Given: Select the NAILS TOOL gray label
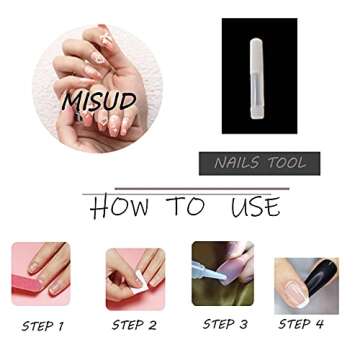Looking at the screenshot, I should pyautogui.click(x=260, y=163).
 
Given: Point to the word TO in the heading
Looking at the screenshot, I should pyautogui.click(x=185, y=207).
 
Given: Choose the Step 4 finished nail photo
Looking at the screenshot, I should pyautogui.click(x=306, y=285).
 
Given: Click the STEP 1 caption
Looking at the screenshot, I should pyautogui.click(x=43, y=326).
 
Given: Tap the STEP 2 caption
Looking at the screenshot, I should pyautogui.click(x=134, y=325).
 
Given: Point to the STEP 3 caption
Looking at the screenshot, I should pyautogui.click(x=225, y=324).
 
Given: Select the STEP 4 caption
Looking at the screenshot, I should pyautogui.click(x=301, y=324).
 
